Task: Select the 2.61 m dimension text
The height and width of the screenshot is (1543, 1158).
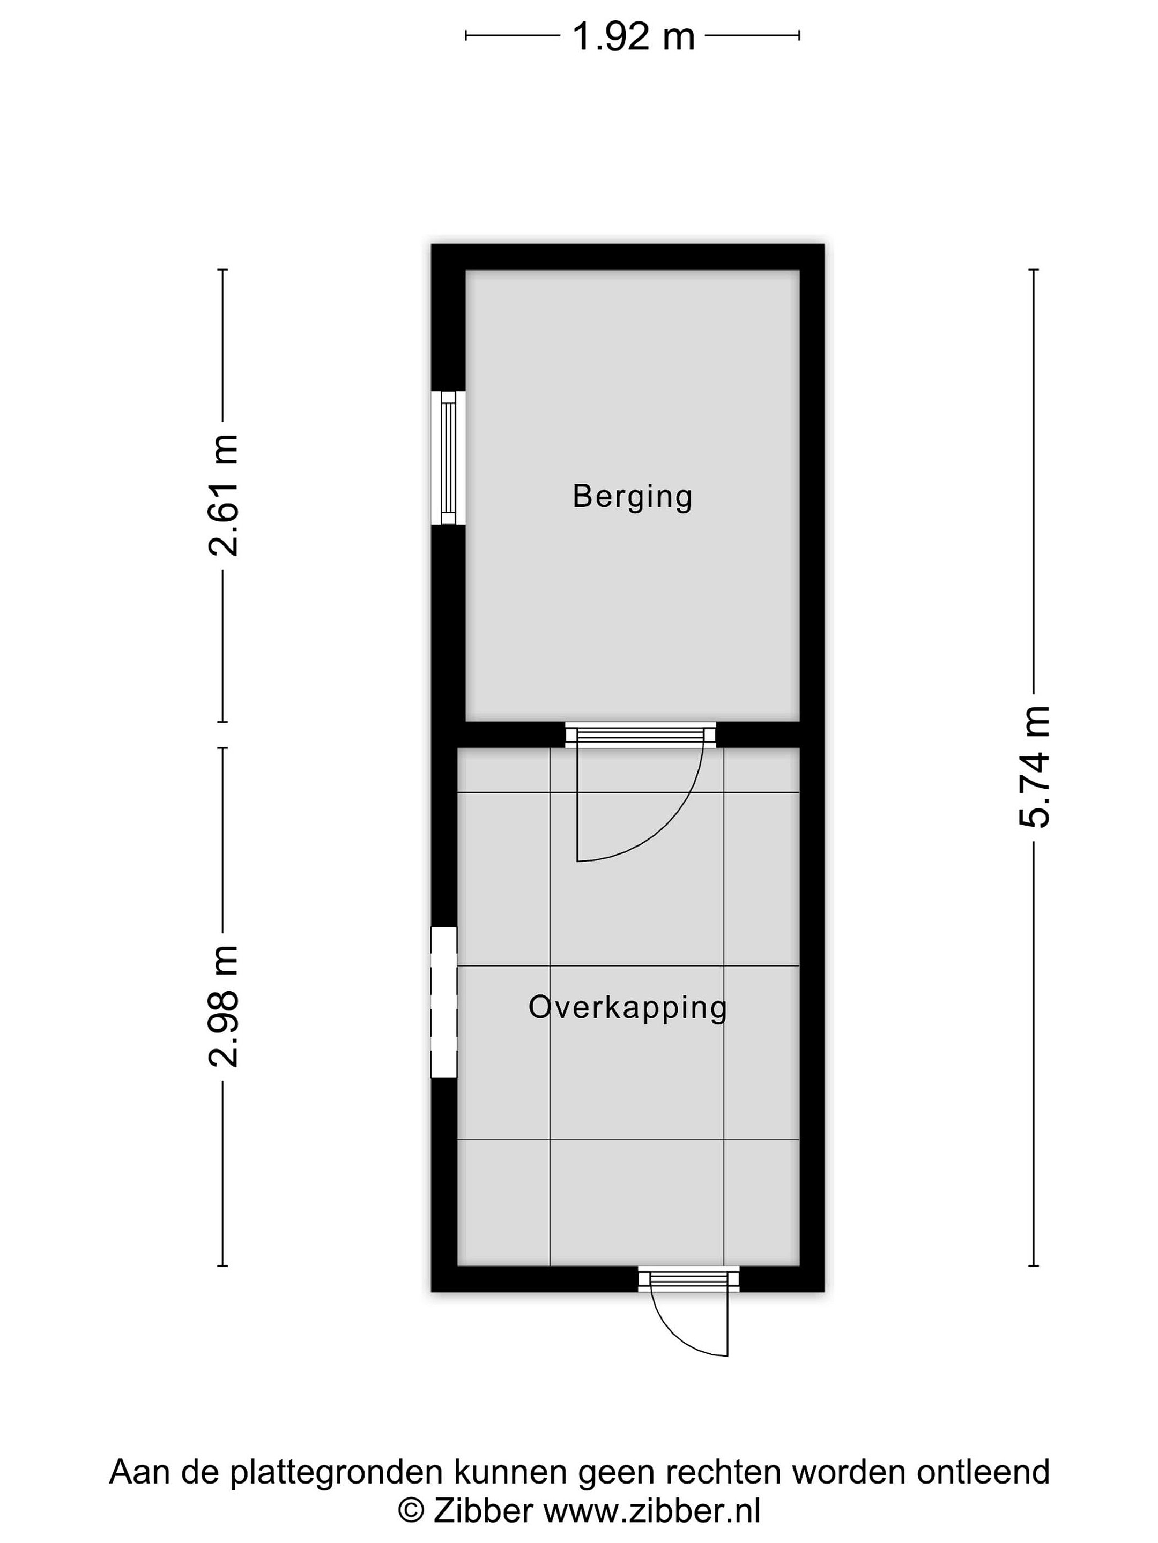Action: [224, 495]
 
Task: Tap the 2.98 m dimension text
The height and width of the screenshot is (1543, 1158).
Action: [224, 1006]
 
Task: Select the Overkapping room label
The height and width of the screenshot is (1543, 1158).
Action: [627, 1008]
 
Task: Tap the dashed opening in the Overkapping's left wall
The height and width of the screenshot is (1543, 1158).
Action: [444, 1002]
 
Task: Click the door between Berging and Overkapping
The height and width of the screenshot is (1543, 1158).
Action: [640, 735]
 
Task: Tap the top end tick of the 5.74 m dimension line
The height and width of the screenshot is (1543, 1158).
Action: [1034, 269]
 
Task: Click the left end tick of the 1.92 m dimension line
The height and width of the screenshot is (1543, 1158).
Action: [466, 35]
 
